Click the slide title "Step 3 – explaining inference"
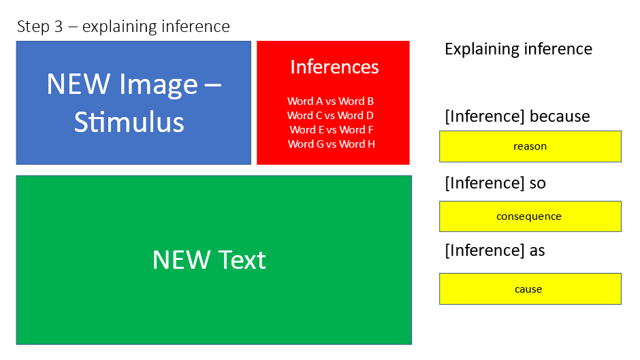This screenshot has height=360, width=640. pyautogui.click(x=123, y=27)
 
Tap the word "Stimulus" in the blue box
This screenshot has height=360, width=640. pyautogui.click(x=129, y=122)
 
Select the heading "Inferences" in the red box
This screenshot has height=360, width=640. pyautogui.click(x=334, y=67)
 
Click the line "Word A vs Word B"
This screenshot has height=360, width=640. pyautogui.click(x=330, y=101)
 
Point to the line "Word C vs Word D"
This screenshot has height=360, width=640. pyautogui.click(x=330, y=116)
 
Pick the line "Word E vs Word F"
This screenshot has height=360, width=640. pyautogui.click(x=332, y=130)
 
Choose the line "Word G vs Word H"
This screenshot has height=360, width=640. pyautogui.click(x=331, y=144)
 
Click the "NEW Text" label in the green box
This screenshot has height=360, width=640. pyautogui.click(x=209, y=259)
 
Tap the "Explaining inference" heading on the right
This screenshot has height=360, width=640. pyautogui.click(x=518, y=50)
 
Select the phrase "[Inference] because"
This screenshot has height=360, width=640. pyautogui.click(x=517, y=116)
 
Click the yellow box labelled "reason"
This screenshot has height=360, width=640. pyautogui.click(x=530, y=146)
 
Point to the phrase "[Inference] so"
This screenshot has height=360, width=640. pyautogui.click(x=495, y=183)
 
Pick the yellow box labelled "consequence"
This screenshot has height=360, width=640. pyautogui.click(x=530, y=216)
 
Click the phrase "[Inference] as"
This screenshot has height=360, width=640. pyautogui.click(x=495, y=250)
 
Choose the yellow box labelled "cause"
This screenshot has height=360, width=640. pyautogui.click(x=530, y=289)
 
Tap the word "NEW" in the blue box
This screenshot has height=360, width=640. pyautogui.click(x=78, y=84)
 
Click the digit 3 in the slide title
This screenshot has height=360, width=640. pyautogui.click(x=59, y=27)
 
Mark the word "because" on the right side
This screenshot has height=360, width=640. pyautogui.click(x=560, y=116)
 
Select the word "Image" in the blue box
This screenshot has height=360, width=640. pyautogui.click(x=159, y=86)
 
